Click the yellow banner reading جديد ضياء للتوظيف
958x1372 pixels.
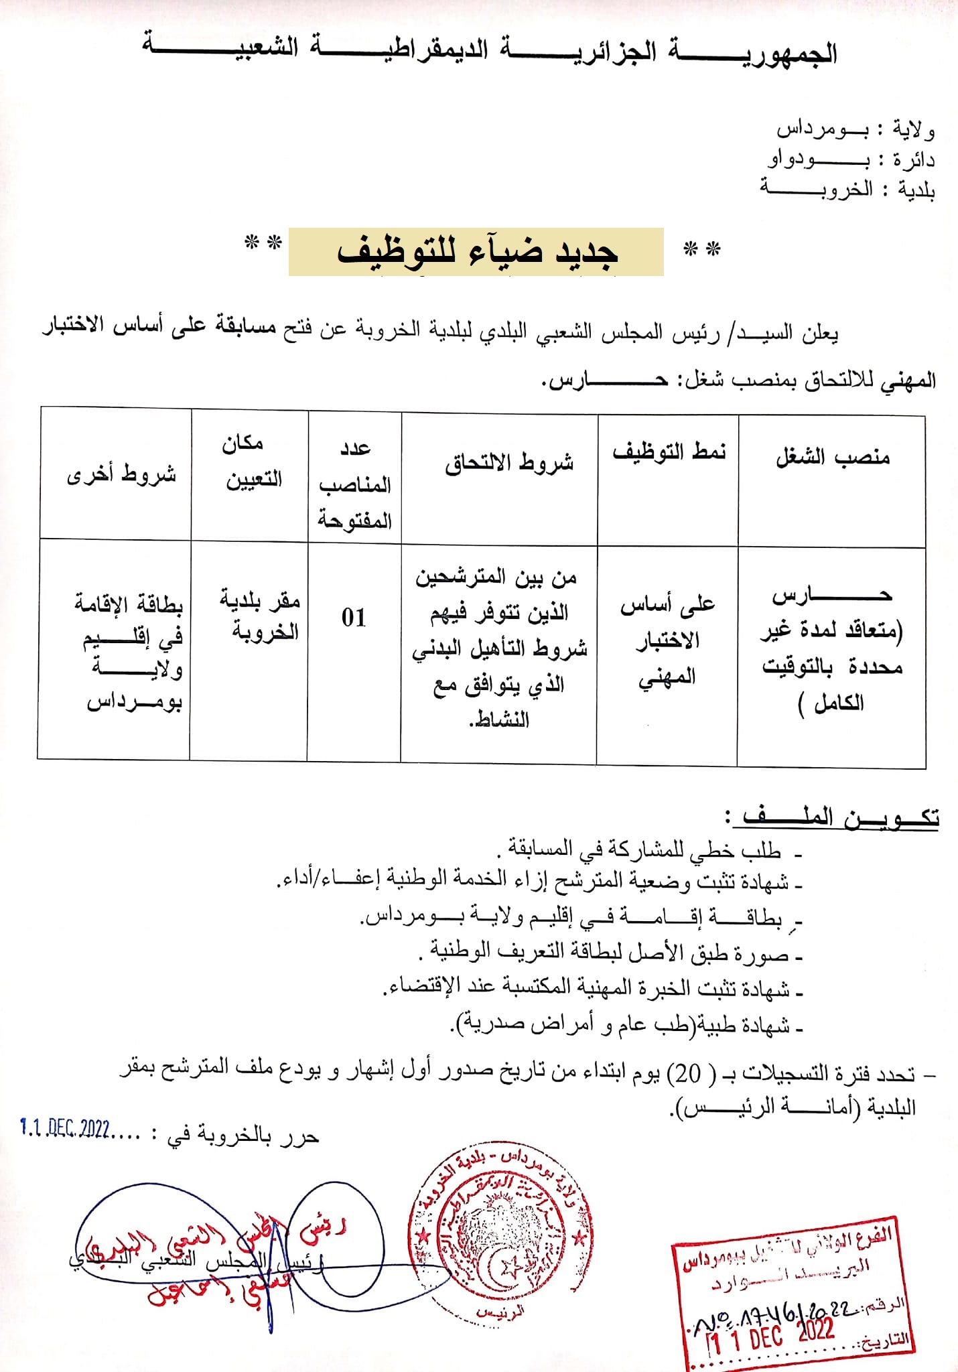[476, 252]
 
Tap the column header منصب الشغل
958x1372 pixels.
[832, 458]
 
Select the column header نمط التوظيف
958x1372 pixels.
[668, 452]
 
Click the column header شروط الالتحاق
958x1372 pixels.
[509, 462]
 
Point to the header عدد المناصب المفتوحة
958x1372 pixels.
[354, 484]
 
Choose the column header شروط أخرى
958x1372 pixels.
[121, 474]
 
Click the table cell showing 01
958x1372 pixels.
[354, 618]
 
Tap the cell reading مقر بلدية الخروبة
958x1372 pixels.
[260, 615]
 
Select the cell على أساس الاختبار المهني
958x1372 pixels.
[667, 640]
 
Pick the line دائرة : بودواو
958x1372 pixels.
[851, 159]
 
